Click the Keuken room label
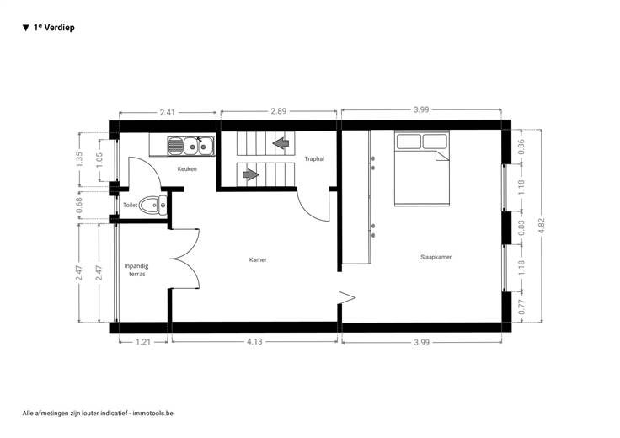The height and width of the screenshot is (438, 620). click(187, 168)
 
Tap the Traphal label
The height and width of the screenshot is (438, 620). click(314, 159)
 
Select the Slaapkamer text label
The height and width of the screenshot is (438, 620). click(436, 257)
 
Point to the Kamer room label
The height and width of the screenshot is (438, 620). click(258, 259)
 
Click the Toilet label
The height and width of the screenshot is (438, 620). click(130, 205)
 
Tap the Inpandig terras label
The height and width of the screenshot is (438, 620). click(136, 270)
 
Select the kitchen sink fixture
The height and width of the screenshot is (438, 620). click(190, 146)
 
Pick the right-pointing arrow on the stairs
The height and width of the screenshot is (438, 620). click(251, 174)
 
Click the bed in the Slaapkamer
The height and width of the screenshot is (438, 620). click(422, 168)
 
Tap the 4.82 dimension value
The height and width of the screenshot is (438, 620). click(542, 226)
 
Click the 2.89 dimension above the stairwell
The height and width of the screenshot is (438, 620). click(278, 111)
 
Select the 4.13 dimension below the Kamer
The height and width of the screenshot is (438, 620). click(254, 341)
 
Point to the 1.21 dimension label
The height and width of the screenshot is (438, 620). click(143, 342)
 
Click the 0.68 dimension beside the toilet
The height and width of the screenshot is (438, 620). click(79, 206)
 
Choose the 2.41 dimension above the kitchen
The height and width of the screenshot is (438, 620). click(168, 112)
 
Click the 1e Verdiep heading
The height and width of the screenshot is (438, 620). click(54, 27)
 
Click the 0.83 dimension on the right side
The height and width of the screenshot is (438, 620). click(521, 228)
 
